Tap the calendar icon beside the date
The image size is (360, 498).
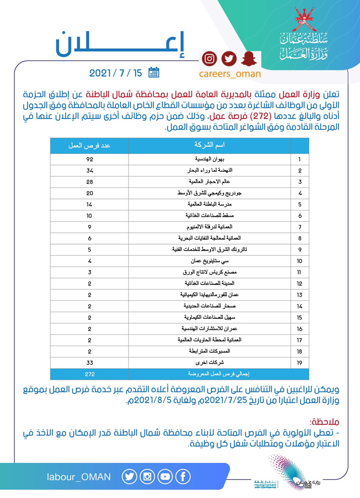point(154,73)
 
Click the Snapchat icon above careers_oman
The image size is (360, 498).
point(248,59)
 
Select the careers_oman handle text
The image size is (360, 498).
point(230,74)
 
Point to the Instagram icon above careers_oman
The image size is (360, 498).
point(209,59)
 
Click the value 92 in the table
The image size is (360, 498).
point(89,160)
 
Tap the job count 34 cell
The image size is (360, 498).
point(89,171)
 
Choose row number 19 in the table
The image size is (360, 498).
point(300,363)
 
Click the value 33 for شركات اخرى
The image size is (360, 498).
point(89,363)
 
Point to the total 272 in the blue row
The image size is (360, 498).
point(89,374)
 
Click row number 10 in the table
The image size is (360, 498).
point(300,261)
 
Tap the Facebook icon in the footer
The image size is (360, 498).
point(183,477)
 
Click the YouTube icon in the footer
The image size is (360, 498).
point(165,477)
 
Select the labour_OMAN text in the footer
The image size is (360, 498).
point(79,477)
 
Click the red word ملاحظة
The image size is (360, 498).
point(326,422)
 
